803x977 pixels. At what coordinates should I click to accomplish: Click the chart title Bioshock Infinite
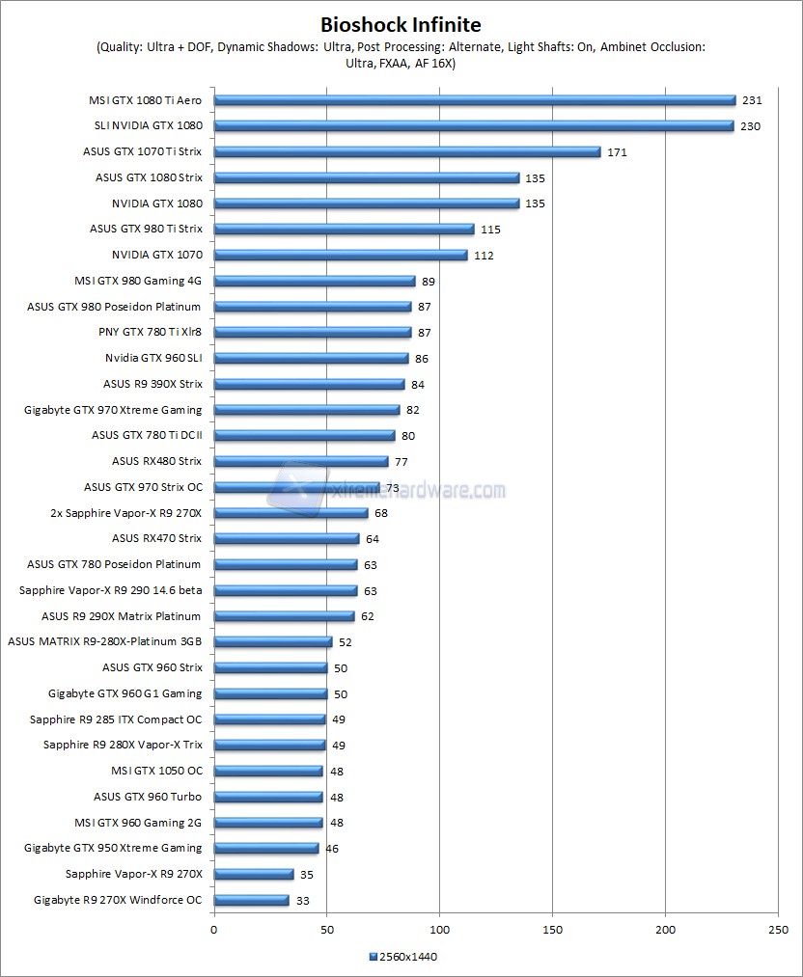coord(401,24)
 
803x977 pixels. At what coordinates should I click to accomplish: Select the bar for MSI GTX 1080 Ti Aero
coord(474,99)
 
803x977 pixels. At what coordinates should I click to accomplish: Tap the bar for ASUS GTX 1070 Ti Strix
coord(406,151)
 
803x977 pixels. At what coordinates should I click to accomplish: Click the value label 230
coord(750,126)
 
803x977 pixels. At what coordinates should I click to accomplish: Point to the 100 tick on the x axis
coord(439,930)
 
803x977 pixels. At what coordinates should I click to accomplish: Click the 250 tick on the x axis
coord(778,930)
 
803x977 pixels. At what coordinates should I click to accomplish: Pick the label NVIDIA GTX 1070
coord(157,255)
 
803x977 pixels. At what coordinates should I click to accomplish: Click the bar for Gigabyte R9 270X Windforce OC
coord(251,900)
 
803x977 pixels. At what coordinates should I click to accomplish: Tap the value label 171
coord(615,152)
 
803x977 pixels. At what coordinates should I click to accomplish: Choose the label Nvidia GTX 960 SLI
coord(153,358)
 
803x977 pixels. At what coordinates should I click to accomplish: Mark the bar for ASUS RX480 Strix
coord(300,461)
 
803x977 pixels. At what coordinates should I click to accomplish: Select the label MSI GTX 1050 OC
coord(156,771)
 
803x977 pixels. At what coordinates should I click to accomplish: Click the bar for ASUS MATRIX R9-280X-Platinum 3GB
coord(272,641)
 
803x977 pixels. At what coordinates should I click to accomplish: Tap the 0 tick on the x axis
coord(213,930)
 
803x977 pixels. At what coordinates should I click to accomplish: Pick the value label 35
coord(307,875)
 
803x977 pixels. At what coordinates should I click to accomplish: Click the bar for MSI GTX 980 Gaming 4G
coord(314,281)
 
